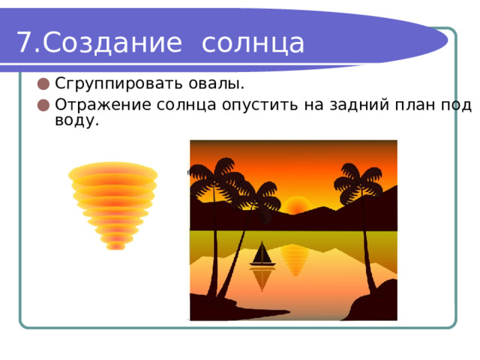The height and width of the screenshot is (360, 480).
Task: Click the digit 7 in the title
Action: coord(24,42)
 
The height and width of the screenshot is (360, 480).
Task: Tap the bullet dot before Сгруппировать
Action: coord(43,84)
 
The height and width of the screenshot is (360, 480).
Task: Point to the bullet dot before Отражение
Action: coord(43,105)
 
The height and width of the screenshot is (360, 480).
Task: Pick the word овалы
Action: coord(216,83)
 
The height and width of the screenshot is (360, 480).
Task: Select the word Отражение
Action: coord(103,105)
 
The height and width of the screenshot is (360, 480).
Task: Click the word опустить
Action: coord(260,105)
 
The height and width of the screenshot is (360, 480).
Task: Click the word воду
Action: coord(76,120)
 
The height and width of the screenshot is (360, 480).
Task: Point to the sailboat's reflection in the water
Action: coord(262,278)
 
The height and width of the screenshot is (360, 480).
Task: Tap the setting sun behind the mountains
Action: coord(295,205)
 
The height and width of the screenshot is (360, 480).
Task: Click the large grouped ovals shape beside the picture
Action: coord(113,205)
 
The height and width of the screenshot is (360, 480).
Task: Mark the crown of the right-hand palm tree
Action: coord(358,184)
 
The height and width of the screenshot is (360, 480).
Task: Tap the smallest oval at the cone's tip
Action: coord(115,247)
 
